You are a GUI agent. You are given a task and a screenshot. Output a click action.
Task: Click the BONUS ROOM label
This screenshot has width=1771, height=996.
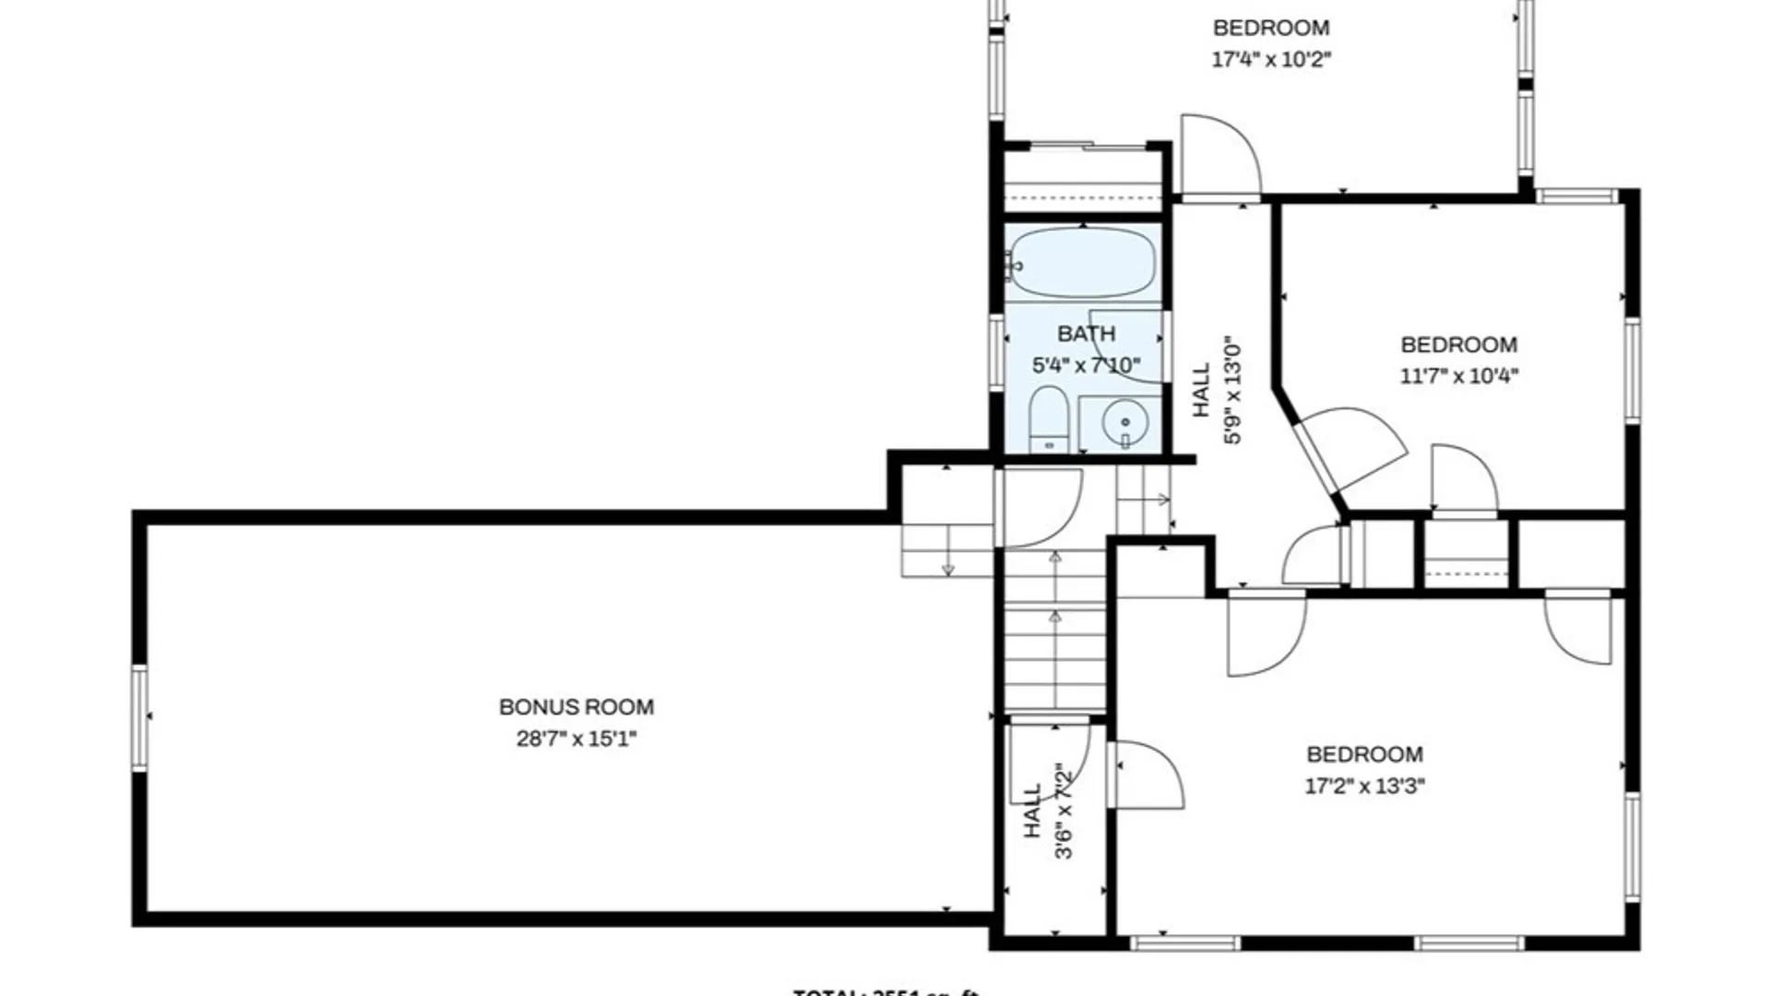point(576,707)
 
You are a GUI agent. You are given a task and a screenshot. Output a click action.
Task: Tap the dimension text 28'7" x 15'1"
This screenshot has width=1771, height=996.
point(576,739)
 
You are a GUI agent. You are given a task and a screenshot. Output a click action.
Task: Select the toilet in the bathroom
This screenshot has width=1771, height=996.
point(1048,420)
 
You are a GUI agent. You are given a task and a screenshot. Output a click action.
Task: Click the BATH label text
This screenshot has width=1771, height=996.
point(1086,334)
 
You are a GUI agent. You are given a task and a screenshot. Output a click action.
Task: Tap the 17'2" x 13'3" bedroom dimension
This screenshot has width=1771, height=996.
point(1364,786)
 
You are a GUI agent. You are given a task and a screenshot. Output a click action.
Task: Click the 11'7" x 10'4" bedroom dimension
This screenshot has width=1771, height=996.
point(1458,376)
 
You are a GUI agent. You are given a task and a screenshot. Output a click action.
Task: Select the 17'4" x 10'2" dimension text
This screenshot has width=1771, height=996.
point(1271,60)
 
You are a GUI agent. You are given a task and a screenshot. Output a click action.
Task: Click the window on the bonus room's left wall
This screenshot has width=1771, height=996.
point(140,717)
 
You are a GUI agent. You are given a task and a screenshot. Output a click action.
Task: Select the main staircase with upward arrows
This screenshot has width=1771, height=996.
point(1055,636)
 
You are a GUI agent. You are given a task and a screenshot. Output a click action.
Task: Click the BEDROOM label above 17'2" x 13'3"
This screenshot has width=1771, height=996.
point(1364,754)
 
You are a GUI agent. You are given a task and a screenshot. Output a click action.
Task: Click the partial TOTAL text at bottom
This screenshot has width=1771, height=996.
point(885,991)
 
